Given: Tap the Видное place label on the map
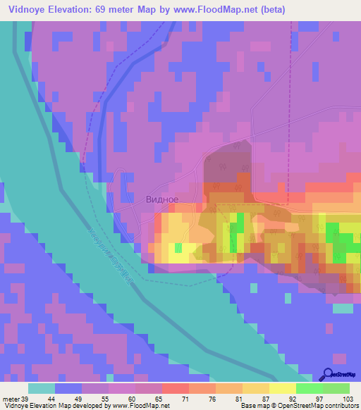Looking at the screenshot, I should [x=161, y=199].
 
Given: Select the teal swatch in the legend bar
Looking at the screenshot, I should [x=42, y=387].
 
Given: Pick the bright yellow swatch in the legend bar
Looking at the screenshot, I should [x=283, y=387].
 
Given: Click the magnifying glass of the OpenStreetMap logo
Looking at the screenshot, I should [x=329, y=373].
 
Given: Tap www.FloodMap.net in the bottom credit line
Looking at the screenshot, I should [x=136, y=406].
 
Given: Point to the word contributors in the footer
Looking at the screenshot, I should [x=339, y=406].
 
